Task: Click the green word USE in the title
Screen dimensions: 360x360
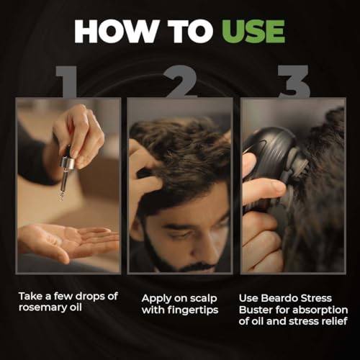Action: tap(253, 32)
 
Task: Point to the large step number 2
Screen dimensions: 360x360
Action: tap(181, 81)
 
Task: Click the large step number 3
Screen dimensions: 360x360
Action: tap(294, 81)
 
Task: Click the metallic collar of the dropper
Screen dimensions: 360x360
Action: tap(68, 163)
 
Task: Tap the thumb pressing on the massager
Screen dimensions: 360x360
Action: tap(265, 189)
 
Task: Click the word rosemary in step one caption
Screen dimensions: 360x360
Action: tap(44, 308)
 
